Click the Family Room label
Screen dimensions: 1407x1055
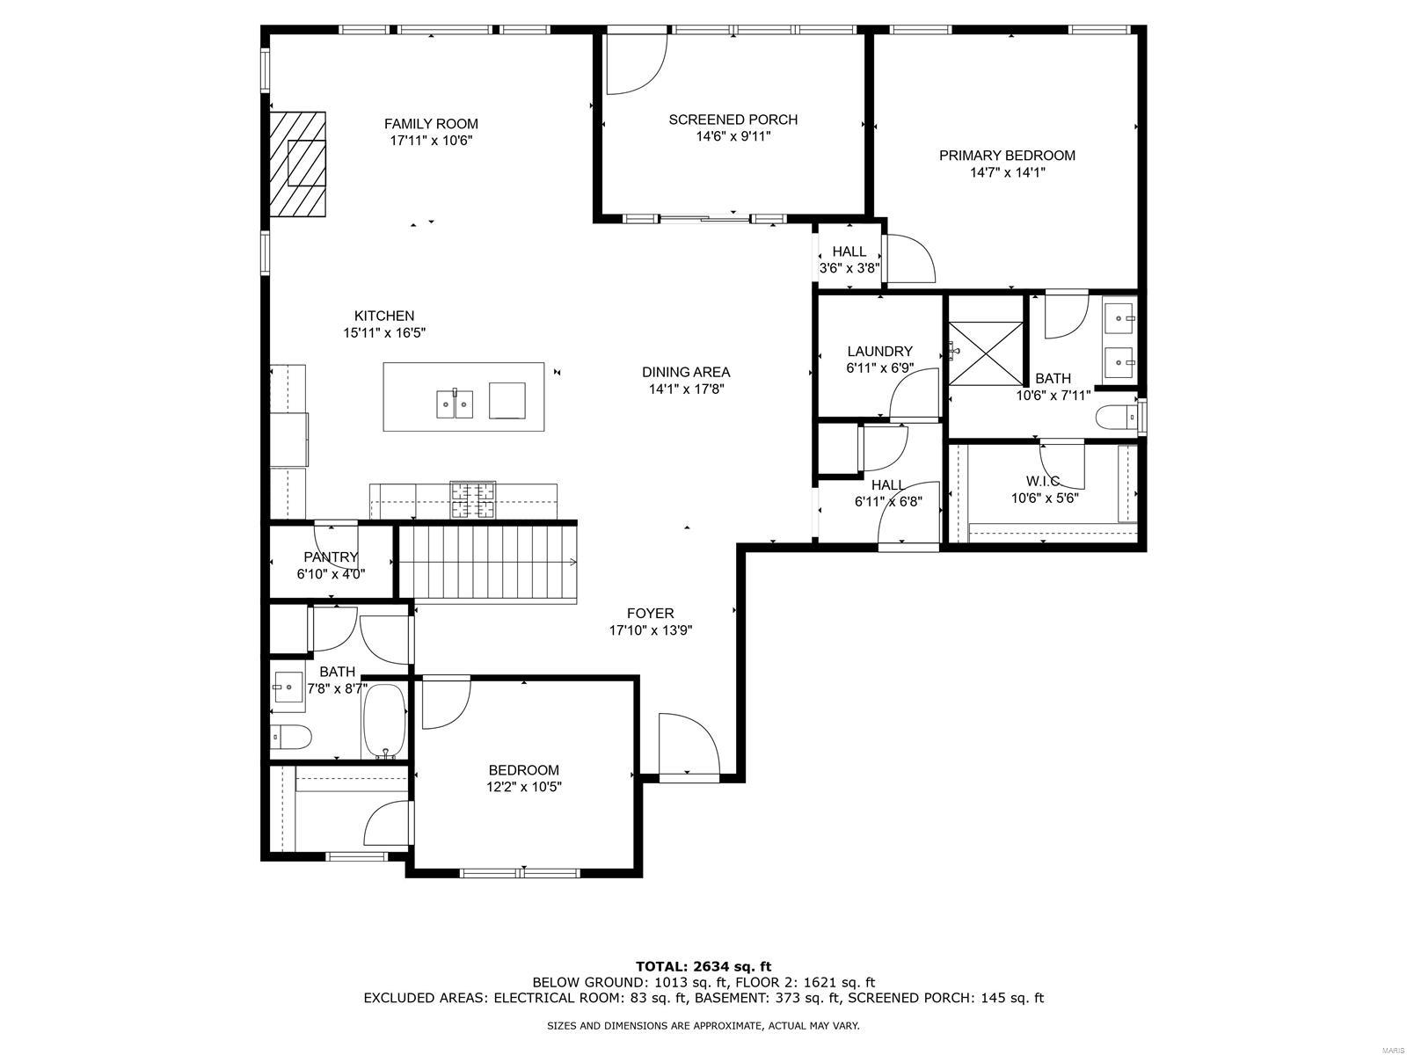(x=431, y=124)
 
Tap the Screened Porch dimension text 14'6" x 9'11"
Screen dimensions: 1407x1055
(x=733, y=136)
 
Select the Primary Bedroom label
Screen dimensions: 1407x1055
(x=1007, y=155)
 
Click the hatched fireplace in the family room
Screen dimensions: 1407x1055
(x=297, y=164)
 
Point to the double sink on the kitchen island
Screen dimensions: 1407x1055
(x=455, y=404)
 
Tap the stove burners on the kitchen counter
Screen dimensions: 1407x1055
(x=473, y=500)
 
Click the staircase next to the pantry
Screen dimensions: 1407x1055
(x=487, y=563)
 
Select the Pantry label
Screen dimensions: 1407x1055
(x=331, y=557)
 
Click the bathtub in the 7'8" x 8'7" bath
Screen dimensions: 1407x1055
(x=384, y=721)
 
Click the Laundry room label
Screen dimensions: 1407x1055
(x=879, y=351)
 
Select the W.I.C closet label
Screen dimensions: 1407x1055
(x=1043, y=481)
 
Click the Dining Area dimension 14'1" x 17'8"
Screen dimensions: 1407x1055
(x=686, y=389)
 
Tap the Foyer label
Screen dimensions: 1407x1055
(x=650, y=613)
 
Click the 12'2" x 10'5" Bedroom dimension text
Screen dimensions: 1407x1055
(x=524, y=787)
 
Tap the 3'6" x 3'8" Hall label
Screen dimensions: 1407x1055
(x=849, y=268)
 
